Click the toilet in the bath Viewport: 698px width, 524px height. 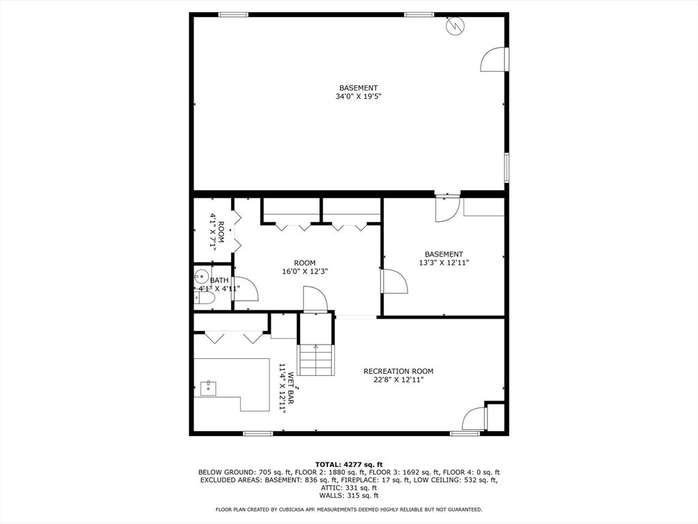(x=204, y=297)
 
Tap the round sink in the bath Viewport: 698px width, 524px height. (x=202, y=277)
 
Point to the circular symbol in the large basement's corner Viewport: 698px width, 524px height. (x=454, y=27)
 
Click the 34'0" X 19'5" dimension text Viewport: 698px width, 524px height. (x=358, y=97)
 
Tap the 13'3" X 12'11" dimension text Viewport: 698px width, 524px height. (x=444, y=263)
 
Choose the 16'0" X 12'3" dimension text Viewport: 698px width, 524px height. (x=305, y=272)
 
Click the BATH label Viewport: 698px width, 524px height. (x=219, y=280)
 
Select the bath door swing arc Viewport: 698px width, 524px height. (x=247, y=289)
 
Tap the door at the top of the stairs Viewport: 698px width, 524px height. (x=315, y=299)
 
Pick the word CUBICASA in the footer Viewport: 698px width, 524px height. (x=289, y=509)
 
